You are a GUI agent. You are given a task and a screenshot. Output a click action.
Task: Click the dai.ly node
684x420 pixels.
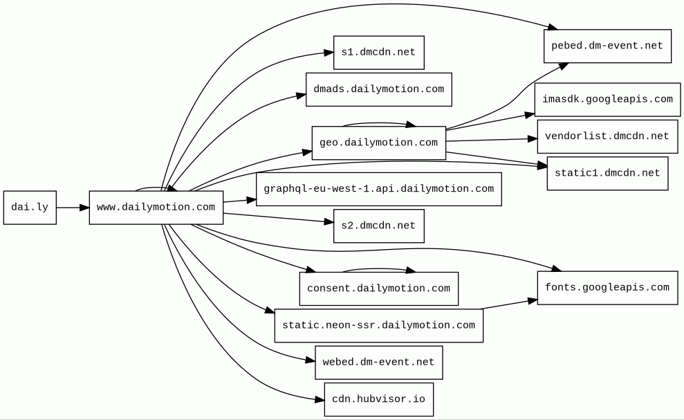(30, 208)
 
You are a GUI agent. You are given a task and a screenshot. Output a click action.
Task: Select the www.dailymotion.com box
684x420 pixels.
(156, 208)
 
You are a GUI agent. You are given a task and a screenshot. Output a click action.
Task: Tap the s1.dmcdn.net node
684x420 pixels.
(378, 53)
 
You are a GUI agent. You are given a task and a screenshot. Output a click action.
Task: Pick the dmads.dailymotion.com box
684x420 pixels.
(378, 89)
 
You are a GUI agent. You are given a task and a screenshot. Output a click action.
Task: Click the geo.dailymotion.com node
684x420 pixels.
(378, 143)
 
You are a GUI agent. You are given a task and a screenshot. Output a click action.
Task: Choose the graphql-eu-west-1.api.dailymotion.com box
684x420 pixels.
(378, 189)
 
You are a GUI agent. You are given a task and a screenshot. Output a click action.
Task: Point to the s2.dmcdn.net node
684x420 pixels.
(378, 226)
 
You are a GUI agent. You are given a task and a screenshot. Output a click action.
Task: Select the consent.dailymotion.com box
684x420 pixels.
(378, 289)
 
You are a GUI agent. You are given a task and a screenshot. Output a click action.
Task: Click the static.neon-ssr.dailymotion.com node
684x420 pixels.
(378, 326)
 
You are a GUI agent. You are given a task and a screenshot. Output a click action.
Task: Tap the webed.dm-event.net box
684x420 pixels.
(378, 363)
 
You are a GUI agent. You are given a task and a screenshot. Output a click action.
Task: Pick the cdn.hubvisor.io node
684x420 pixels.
(378, 399)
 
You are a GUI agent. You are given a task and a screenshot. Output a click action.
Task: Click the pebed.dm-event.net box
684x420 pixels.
(607, 46)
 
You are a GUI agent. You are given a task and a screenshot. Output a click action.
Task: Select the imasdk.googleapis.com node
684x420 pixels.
(607, 100)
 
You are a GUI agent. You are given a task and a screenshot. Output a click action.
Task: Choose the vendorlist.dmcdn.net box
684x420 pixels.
(607, 136)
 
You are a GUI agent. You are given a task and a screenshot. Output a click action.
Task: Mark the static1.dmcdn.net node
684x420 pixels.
(607, 173)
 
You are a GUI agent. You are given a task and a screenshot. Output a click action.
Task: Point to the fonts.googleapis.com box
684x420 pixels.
(607, 288)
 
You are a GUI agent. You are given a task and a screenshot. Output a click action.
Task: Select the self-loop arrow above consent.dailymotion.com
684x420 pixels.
(378, 269)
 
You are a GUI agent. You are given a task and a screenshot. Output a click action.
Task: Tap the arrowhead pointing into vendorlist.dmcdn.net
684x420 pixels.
(533, 139)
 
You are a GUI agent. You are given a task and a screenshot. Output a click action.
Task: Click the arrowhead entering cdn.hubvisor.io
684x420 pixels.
(320, 399)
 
